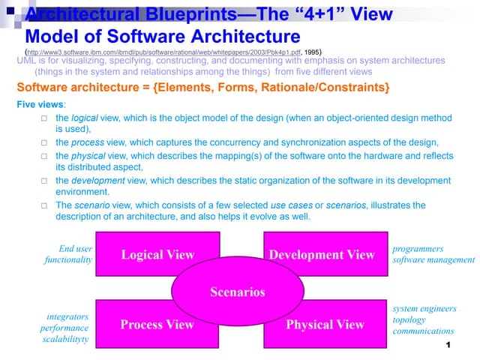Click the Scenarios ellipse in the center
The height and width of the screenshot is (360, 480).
[238, 292]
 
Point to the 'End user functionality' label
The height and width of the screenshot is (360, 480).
[68, 254]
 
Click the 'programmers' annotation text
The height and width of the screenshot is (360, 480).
[418, 249]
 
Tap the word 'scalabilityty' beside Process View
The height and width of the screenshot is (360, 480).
[64, 340]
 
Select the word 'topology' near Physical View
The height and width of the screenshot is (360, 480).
[409, 319]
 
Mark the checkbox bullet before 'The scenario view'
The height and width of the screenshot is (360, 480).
[46, 205]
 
